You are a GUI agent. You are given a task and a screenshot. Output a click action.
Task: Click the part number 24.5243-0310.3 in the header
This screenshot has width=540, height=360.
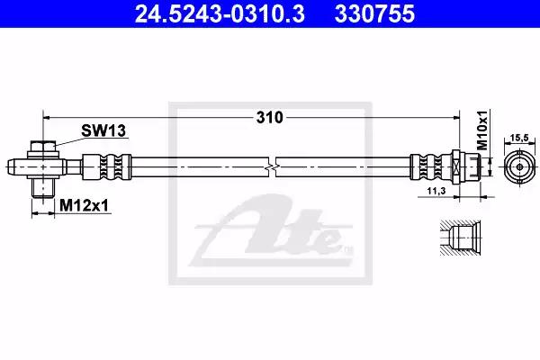(x=220, y=13)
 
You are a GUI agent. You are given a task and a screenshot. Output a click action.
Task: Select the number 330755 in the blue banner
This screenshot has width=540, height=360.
(x=374, y=13)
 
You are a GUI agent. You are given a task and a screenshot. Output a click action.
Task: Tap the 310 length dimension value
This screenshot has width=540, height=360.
(x=269, y=118)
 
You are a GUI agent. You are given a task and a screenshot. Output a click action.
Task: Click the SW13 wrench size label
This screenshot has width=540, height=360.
(x=103, y=130)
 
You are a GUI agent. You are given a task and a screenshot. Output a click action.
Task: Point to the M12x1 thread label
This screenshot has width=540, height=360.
(x=84, y=206)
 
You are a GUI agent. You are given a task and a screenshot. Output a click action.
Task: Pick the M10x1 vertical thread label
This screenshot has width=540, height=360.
(x=482, y=130)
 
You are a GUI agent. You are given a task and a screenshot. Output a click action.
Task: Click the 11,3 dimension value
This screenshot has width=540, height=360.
(x=436, y=191)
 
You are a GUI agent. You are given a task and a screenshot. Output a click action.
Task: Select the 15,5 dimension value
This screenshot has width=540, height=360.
(x=519, y=138)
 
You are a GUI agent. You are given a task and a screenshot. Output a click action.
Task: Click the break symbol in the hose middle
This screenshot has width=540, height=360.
(x=272, y=167)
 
